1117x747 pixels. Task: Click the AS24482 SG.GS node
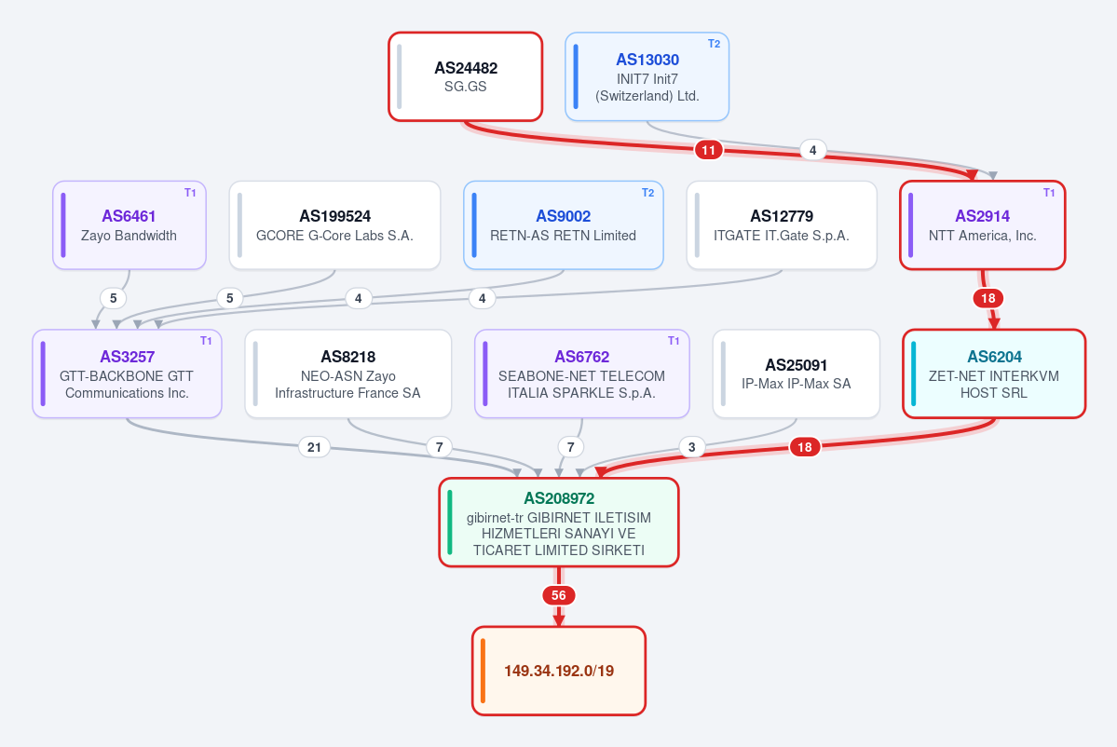click(465, 77)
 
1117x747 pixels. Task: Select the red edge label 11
click(708, 150)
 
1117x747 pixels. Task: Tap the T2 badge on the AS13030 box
click(714, 44)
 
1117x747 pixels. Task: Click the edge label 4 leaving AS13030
click(812, 150)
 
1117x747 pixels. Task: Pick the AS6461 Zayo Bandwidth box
click(129, 225)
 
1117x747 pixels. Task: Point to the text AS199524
click(334, 216)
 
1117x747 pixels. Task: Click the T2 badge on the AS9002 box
click(647, 193)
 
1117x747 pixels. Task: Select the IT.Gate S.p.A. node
click(782, 225)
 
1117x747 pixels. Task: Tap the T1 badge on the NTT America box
click(1049, 193)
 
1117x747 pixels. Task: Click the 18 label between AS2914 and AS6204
click(988, 298)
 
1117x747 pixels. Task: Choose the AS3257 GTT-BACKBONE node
click(127, 373)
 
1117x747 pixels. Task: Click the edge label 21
click(314, 447)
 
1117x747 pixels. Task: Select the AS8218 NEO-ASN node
click(347, 373)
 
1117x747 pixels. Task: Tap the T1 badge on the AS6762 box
click(674, 341)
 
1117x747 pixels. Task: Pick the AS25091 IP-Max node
click(796, 373)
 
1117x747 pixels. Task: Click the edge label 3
click(691, 447)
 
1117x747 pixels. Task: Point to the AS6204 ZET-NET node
click(994, 373)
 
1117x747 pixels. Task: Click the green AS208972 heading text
click(559, 498)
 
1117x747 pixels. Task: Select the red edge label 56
click(559, 595)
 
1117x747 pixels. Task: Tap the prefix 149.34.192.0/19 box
click(559, 671)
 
